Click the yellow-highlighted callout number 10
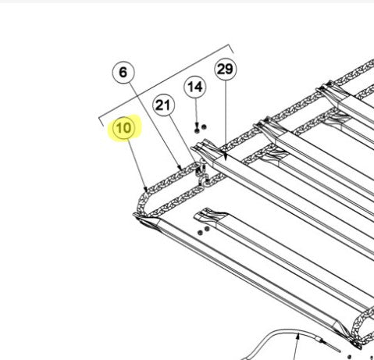pyautogui.click(x=123, y=128)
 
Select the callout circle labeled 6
pyautogui.click(x=123, y=72)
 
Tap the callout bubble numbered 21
pyautogui.click(x=163, y=105)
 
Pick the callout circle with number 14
pyautogui.click(x=195, y=87)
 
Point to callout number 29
pyautogui.click(x=226, y=69)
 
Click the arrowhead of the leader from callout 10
pyautogui.click(x=145, y=189)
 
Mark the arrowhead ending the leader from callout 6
pyautogui.click(x=180, y=167)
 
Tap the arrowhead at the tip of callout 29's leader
pyautogui.click(x=226, y=158)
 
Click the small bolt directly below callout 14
pyautogui.click(x=197, y=129)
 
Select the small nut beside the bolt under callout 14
pyautogui.click(x=204, y=127)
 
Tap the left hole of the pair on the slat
pyautogui.click(x=200, y=233)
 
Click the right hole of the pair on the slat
pyautogui.click(x=207, y=229)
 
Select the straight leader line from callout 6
pyautogui.click(x=155, y=125)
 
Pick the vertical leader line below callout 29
pyautogui.click(x=226, y=117)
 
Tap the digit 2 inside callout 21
pyautogui.click(x=159, y=105)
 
